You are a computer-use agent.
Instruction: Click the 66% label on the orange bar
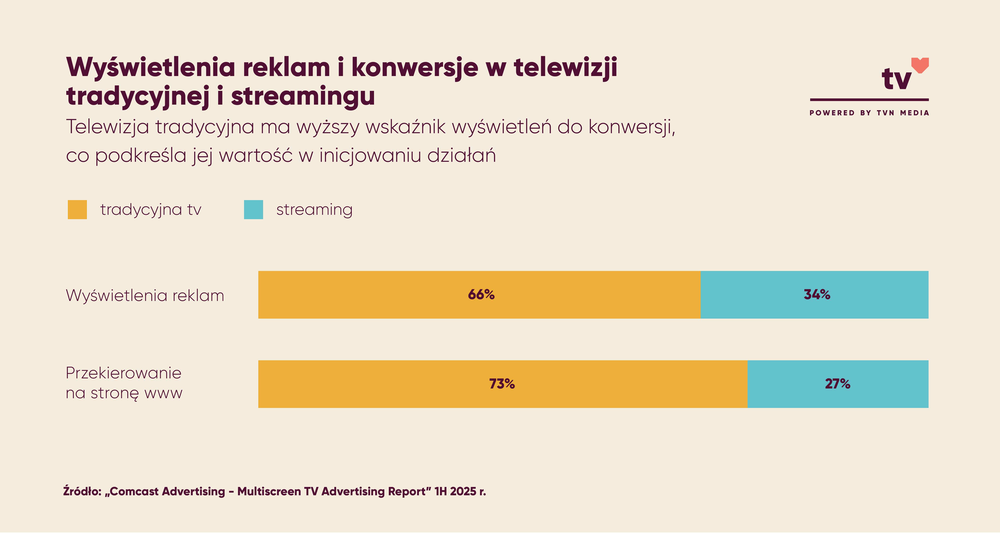[481, 294]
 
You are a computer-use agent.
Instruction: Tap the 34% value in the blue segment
[817, 294]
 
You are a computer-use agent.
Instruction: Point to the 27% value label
[837, 384]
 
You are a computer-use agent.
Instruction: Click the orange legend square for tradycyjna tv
[77, 210]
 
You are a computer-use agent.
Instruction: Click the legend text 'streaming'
[314, 210]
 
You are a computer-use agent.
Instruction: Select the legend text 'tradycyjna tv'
[151, 210]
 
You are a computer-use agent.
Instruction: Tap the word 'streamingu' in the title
[303, 96]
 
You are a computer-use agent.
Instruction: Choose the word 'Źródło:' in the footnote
[82, 492]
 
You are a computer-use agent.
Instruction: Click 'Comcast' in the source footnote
[134, 492]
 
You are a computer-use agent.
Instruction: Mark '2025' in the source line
[463, 492]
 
